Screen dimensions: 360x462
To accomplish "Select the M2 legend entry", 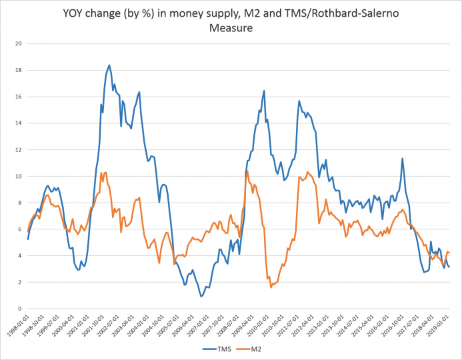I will pyautogui.click(x=258, y=348).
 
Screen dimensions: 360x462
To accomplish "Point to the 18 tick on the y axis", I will pyautogui.click(x=19, y=70).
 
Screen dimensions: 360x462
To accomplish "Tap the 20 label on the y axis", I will pyautogui.click(x=19, y=43).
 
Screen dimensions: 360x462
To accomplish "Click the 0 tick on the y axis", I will pyautogui.click(x=21, y=309).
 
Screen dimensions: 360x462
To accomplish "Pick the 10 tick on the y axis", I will pyautogui.click(x=19, y=176).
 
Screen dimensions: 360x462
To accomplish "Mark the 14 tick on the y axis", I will pyautogui.click(x=19, y=123).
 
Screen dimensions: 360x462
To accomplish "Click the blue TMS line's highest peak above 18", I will pyautogui.click(x=109, y=65).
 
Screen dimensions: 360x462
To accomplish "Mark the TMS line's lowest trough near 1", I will pyautogui.click(x=201, y=296).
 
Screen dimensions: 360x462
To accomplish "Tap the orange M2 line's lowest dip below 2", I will pyautogui.click(x=271, y=287).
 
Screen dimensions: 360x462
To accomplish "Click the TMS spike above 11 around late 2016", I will pyautogui.click(x=402, y=159).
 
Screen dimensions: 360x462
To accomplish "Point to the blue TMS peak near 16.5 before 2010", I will pyautogui.click(x=264, y=91).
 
